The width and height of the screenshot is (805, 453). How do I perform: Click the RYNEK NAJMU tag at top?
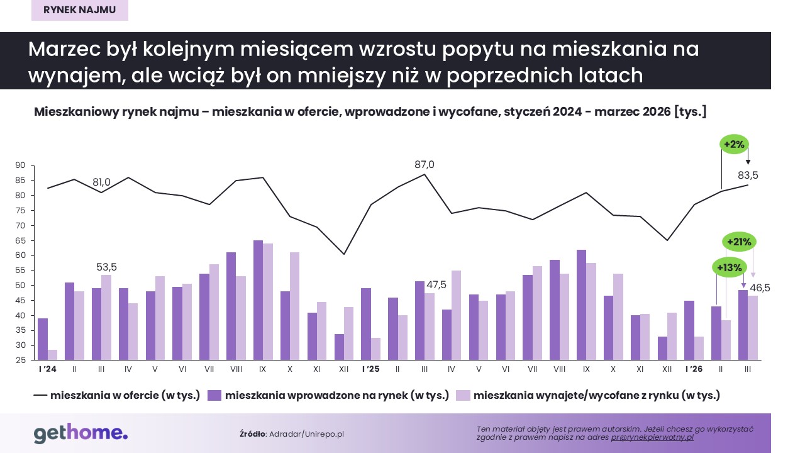coord(80,10)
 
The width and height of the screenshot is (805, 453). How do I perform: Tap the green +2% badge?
coord(734,145)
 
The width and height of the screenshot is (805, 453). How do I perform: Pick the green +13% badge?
coord(730,267)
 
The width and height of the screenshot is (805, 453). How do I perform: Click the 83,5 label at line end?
coord(747,176)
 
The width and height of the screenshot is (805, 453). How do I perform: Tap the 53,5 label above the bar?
coord(107,267)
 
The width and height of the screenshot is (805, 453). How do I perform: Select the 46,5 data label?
coord(758,288)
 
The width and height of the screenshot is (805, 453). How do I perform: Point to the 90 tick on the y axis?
coord(19,165)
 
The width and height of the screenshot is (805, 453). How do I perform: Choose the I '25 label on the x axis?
coord(371,369)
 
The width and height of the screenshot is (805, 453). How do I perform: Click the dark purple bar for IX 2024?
coord(258,300)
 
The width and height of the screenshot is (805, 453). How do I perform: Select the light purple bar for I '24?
coord(53,355)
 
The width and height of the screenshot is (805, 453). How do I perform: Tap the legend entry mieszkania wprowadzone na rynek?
coord(328,395)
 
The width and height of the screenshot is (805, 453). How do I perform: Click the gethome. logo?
coord(80,433)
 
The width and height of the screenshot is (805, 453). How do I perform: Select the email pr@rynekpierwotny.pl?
coord(652,437)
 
